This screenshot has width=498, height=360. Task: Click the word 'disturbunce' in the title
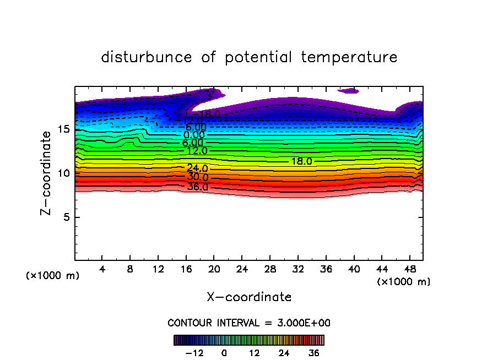click(147, 57)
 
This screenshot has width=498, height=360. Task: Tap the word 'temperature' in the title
click(349, 57)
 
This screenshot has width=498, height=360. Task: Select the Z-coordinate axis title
click(48, 173)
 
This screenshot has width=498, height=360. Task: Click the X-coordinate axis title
click(249, 297)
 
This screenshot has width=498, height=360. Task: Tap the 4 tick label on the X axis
click(102, 270)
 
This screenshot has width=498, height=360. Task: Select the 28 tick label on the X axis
click(269, 270)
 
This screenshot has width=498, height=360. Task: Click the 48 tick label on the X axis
click(409, 270)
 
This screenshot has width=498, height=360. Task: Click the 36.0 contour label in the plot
click(197, 187)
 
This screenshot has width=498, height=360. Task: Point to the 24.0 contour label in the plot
click(197, 168)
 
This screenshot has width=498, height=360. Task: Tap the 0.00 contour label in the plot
click(194, 135)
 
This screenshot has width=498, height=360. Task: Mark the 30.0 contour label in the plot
click(197, 177)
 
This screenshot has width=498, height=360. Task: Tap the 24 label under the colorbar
click(284, 353)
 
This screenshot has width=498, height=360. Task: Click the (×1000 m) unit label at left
click(53, 276)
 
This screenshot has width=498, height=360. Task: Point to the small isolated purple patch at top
click(348, 90)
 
